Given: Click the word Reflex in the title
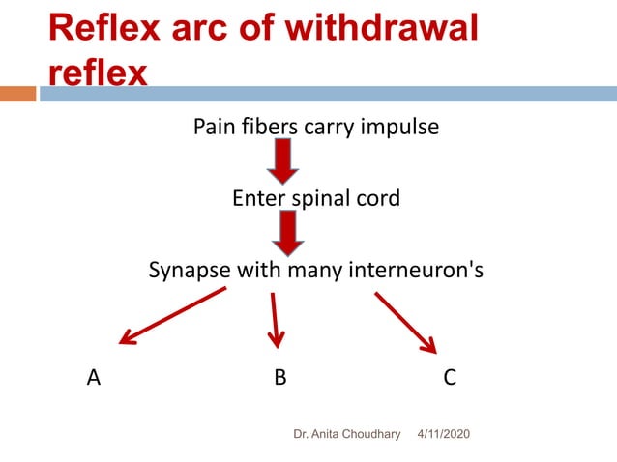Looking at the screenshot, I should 106,28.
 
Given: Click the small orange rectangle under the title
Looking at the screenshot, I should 17,94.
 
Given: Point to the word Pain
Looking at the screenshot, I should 215,127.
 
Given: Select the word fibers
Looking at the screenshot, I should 273,127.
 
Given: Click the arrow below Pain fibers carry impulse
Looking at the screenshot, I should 283,160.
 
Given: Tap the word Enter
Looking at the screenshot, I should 257,199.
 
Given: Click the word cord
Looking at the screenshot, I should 380,199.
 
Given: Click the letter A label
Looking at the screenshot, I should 93,378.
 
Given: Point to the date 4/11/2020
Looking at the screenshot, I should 443,435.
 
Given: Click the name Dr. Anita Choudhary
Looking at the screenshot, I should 346,435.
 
